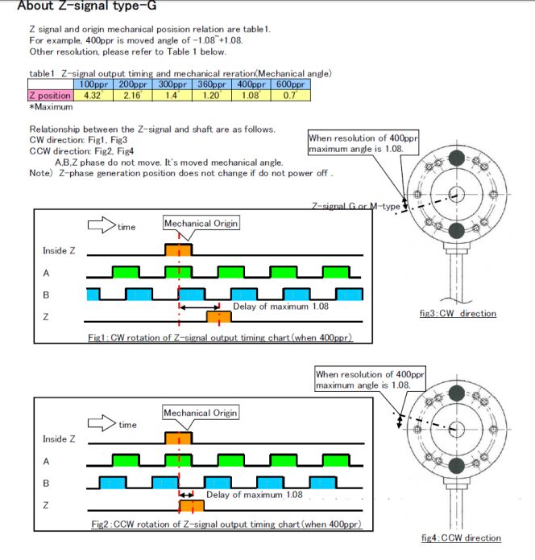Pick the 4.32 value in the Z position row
point(92,95)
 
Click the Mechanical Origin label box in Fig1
point(201,223)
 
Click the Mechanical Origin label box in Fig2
point(201,413)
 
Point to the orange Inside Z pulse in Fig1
point(178,250)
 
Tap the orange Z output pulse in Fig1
point(218,318)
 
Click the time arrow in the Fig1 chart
point(101,225)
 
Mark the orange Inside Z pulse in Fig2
point(178,439)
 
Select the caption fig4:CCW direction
point(461,537)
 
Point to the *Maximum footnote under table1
point(51,106)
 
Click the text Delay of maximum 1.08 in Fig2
point(255,495)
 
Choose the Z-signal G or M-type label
point(355,207)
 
